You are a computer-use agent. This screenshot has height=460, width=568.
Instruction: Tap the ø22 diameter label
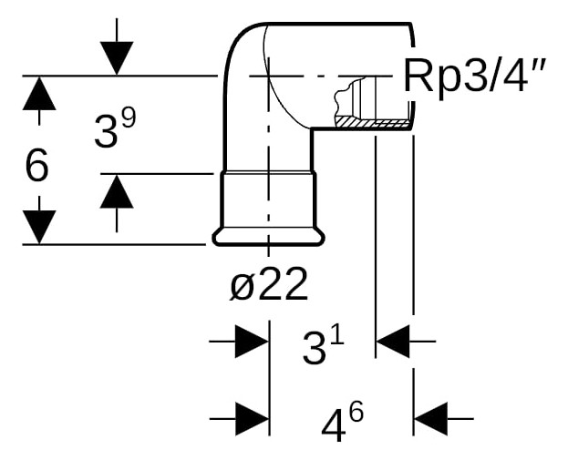(269, 284)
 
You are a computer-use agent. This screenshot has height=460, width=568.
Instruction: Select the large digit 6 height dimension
(37, 165)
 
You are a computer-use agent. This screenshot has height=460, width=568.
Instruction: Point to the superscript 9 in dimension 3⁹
(129, 118)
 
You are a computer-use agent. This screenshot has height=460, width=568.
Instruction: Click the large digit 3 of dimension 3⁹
(106, 130)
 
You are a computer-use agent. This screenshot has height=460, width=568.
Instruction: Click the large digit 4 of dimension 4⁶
(334, 425)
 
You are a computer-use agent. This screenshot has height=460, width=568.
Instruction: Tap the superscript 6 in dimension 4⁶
(356, 413)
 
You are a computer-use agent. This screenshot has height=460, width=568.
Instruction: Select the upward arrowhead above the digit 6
(39, 94)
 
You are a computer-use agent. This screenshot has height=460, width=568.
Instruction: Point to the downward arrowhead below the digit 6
(39, 228)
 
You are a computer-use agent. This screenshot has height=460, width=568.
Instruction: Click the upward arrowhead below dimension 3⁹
(117, 191)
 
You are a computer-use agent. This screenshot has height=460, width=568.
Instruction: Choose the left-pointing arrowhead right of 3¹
(393, 342)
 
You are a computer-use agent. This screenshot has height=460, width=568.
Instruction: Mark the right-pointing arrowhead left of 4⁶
(253, 419)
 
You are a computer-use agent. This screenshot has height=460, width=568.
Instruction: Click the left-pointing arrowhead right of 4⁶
(431, 419)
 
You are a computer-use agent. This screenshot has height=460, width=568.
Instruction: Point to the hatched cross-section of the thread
(373, 122)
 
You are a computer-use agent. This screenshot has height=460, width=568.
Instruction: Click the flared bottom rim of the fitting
(268, 237)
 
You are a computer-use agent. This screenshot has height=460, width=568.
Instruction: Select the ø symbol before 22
(241, 288)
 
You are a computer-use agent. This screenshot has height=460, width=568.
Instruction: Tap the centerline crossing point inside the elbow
(268, 77)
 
